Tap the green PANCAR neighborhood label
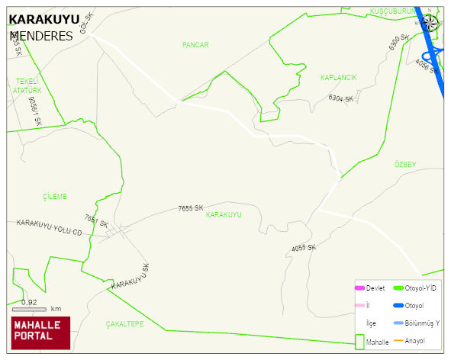(x=195, y=46)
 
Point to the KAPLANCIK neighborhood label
(x=339, y=78)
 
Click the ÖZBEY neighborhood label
(x=405, y=165)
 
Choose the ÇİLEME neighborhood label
(x=54, y=196)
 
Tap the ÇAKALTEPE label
(x=124, y=323)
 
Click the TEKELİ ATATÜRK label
(x=27, y=85)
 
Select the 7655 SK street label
(x=191, y=207)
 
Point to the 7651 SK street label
(x=96, y=223)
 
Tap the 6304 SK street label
(x=340, y=98)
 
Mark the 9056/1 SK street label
(x=34, y=111)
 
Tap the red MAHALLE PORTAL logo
(x=40, y=332)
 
